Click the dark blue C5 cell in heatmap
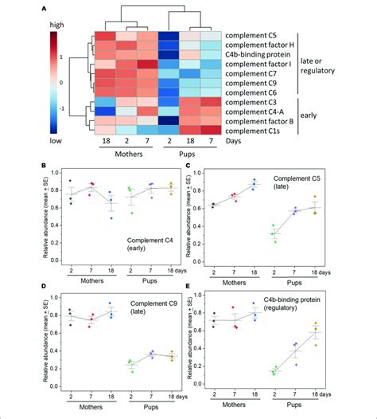point(168,36)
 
